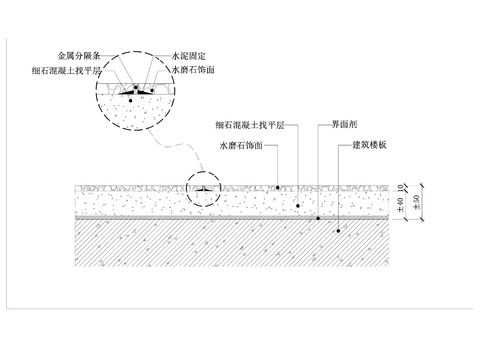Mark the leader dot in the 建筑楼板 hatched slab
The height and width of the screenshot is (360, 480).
(x=338, y=230)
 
